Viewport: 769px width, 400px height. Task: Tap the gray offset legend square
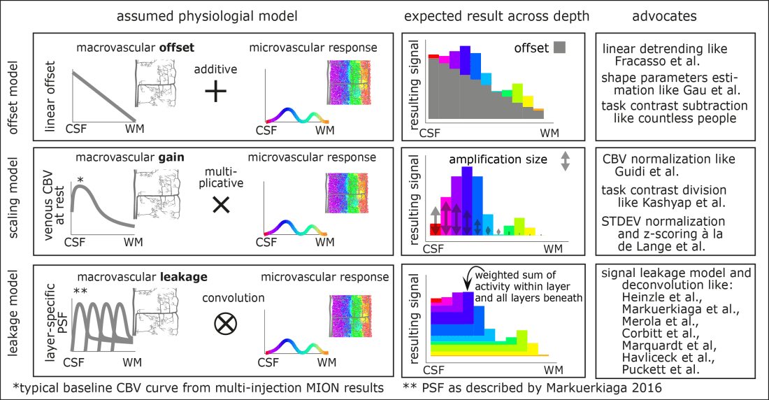558,48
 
